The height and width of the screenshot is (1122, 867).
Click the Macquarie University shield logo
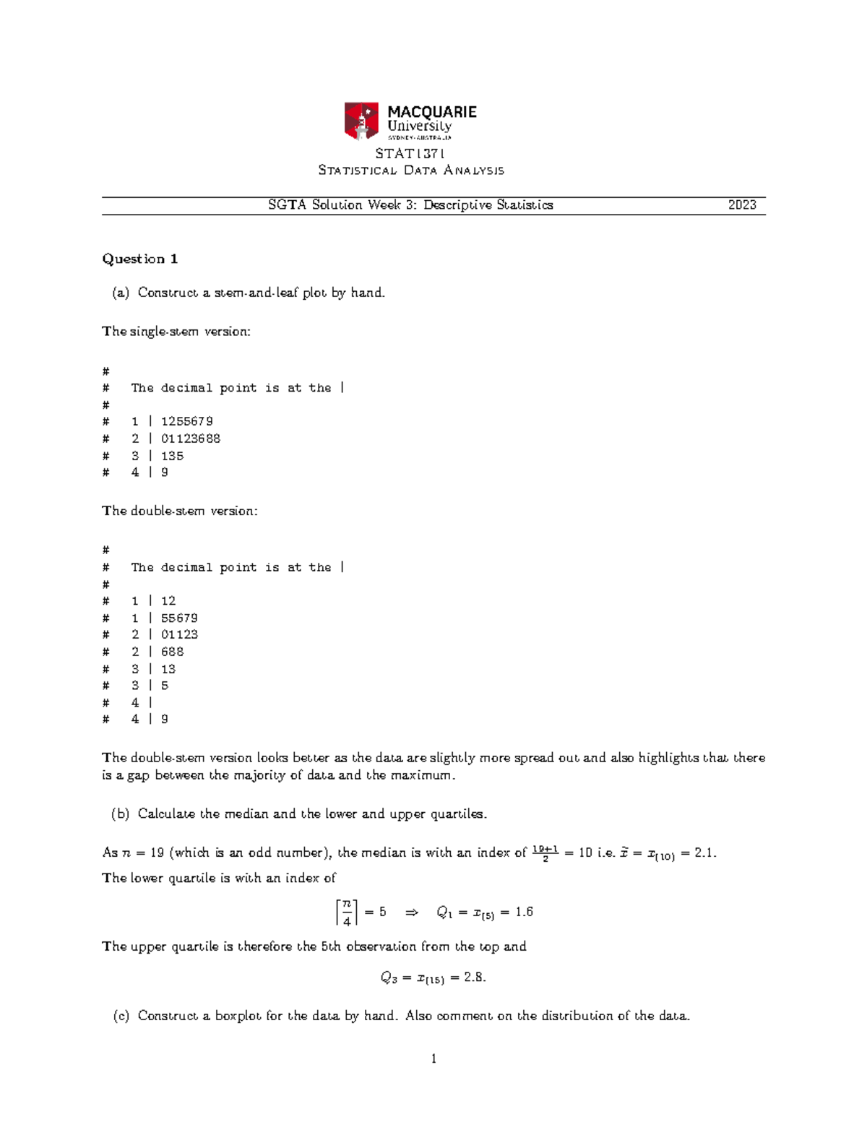pos(361,121)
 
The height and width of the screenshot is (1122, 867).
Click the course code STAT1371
pos(410,153)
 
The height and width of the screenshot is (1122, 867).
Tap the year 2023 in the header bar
pos(742,205)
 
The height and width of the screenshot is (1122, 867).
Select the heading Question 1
pos(140,259)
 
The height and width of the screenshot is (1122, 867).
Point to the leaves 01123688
pos(190,439)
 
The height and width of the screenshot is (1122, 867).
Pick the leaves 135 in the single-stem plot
pos(172,456)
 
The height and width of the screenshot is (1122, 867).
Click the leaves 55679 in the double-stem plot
pos(179,618)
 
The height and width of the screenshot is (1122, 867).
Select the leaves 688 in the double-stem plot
pos(172,652)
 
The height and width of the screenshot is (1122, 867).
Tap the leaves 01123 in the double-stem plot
pos(179,634)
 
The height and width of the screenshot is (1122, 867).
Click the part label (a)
pos(120,293)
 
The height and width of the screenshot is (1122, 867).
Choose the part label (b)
pos(120,814)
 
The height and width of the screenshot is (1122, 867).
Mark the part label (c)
pos(120,1016)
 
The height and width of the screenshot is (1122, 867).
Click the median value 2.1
pos(704,853)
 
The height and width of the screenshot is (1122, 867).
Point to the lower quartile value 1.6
pos(524,912)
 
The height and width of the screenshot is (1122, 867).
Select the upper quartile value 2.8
pos(475,978)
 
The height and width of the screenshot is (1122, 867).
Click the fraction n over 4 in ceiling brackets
pos(347,912)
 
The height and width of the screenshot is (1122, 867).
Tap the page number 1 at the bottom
pos(433,1059)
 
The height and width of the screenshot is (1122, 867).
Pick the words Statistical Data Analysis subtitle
pos(411,171)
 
